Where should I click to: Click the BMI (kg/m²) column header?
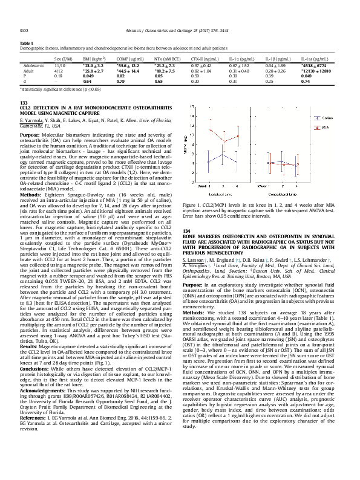(x=92, y=59)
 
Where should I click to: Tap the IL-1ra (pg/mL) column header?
(x=314, y=59)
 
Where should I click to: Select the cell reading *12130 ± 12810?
(x=314, y=70)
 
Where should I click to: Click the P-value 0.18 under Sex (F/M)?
(x=58, y=76)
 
